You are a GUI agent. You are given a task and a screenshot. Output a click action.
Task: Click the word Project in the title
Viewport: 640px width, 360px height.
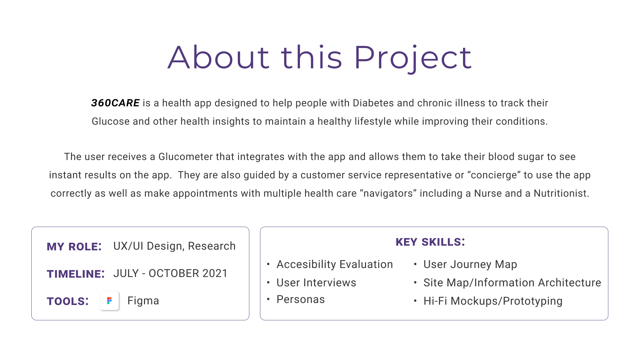[413, 58]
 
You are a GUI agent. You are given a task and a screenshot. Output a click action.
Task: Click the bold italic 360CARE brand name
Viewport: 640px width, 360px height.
[115, 103]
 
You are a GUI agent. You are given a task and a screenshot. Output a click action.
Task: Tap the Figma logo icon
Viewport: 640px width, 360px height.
[109, 301]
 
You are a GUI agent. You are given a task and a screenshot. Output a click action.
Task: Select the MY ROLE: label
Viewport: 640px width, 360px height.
[74, 247]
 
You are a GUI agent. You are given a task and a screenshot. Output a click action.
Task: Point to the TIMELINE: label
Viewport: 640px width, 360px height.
[76, 274]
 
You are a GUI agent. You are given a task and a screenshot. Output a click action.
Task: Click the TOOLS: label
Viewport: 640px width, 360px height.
[68, 301]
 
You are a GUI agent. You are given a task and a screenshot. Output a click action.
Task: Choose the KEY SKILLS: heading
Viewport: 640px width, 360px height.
[430, 242]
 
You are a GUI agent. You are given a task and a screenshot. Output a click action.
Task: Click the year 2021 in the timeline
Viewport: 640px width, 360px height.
[215, 273]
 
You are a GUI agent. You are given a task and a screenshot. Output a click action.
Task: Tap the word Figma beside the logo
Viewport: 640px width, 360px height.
[143, 301]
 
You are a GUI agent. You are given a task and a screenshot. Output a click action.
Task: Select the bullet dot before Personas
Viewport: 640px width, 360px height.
[268, 299]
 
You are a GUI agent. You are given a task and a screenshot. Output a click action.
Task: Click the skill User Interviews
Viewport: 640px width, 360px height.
[316, 283]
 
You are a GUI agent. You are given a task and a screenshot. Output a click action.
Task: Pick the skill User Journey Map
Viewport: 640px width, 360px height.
[470, 264]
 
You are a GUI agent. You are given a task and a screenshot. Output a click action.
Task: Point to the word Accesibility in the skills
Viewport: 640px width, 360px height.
[306, 264]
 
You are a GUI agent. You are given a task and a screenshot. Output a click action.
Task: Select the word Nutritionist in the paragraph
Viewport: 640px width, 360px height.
[561, 193]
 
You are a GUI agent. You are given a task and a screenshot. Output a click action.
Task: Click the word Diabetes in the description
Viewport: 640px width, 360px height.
[373, 103]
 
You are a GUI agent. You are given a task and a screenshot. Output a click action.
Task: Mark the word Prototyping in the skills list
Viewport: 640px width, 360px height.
[533, 301]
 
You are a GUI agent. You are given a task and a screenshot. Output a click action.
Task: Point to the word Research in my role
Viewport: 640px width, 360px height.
[212, 246]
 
